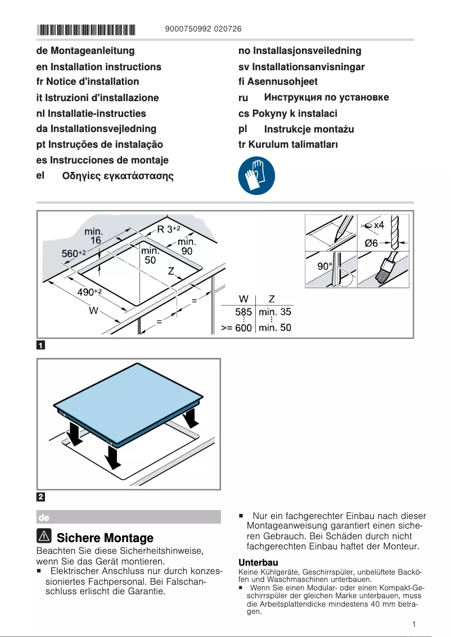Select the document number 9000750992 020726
[x=204, y=29]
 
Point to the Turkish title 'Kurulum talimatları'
[x=288, y=144]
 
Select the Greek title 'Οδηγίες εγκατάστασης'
[x=118, y=176]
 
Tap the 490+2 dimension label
[x=89, y=292]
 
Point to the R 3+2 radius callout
[x=168, y=229]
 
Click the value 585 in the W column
[x=243, y=312]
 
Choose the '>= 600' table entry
[x=236, y=327]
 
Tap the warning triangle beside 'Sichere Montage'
[x=44, y=536]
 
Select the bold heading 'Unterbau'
[x=258, y=562]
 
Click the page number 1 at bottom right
[x=413, y=624]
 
